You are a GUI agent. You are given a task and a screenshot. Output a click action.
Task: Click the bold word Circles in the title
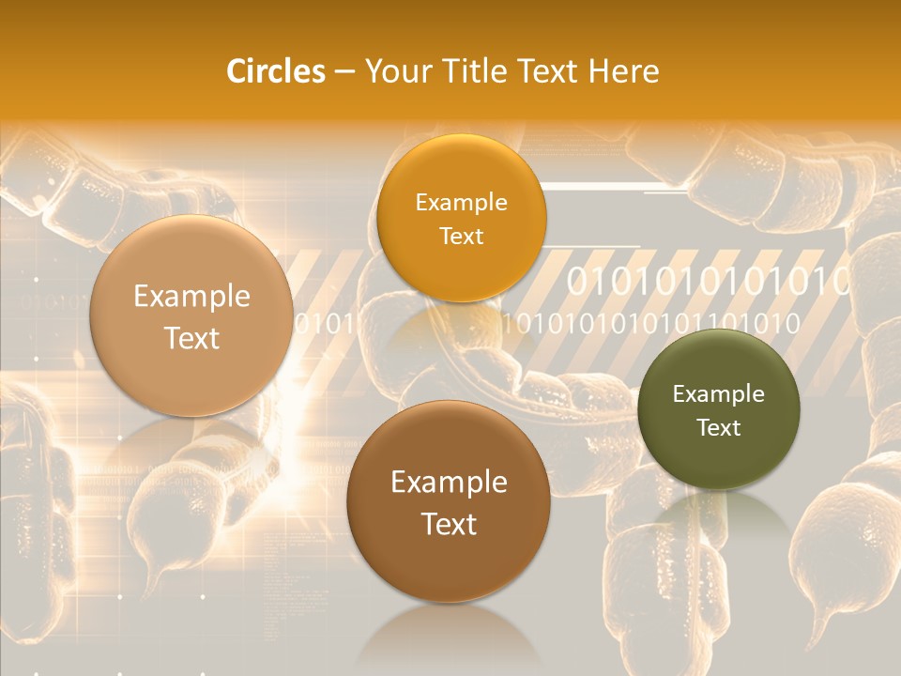click(276, 71)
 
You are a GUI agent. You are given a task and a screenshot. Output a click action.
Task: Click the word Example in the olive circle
click(719, 394)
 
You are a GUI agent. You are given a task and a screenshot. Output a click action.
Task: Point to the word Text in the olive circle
click(719, 428)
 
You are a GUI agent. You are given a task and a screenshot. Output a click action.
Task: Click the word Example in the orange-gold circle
click(461, 203)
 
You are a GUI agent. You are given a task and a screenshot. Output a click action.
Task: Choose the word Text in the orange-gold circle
click(461, 237)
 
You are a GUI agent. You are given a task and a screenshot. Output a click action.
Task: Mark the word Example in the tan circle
click(191, 297)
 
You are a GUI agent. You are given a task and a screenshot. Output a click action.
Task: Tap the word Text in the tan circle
click(191, 339)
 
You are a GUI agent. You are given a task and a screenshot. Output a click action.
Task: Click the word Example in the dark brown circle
click(449, 483)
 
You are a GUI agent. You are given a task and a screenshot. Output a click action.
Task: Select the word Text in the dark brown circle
click(449, 524)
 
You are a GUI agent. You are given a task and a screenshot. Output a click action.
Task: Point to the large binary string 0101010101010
click(709, 281)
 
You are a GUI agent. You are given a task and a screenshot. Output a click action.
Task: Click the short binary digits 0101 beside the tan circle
click(325, 325)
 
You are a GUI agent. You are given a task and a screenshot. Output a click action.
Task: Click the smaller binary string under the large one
click(651, 325)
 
